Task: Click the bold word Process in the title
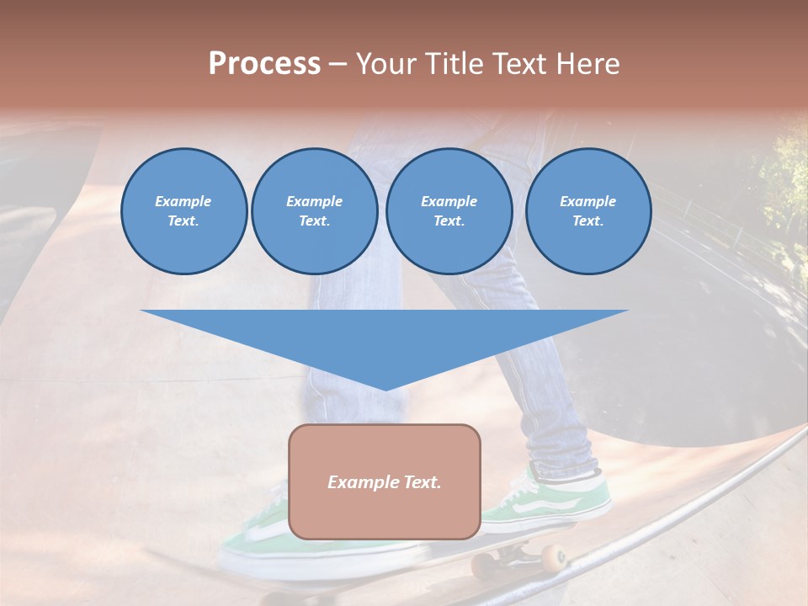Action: coord(264,64)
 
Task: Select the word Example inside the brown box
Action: coord(360,482)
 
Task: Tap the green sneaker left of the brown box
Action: coord(252,539)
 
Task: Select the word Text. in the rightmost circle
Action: coord(587,221)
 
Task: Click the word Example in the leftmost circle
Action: coord(183,201)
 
